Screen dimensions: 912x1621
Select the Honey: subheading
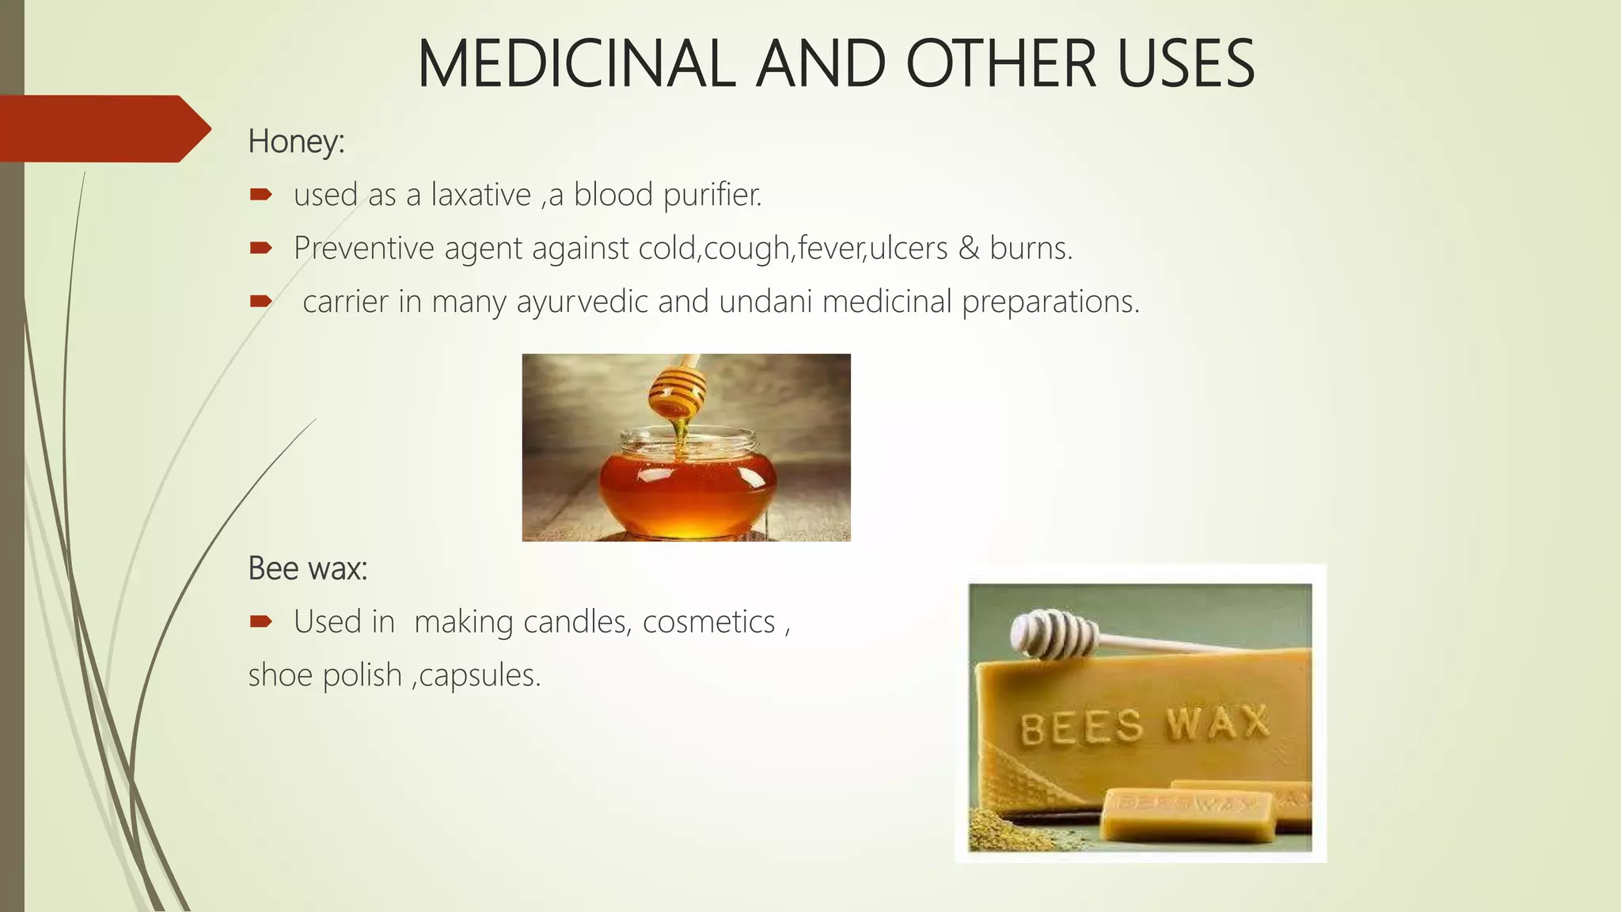[x=296, y=142]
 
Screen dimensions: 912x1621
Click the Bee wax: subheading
[x=307, y=568]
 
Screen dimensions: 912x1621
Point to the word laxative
[x=480, y=195]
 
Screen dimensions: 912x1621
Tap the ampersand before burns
[x=969, y=249]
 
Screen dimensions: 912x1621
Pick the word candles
[x=577, y=622]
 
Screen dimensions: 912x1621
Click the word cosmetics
[x=708, y=622]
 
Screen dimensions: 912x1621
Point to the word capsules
[x=480, y=675]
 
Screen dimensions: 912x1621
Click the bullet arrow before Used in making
[x=260, y=621]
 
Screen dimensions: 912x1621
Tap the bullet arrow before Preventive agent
[x=260, y=248]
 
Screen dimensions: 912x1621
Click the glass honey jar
[x=686, y=483]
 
